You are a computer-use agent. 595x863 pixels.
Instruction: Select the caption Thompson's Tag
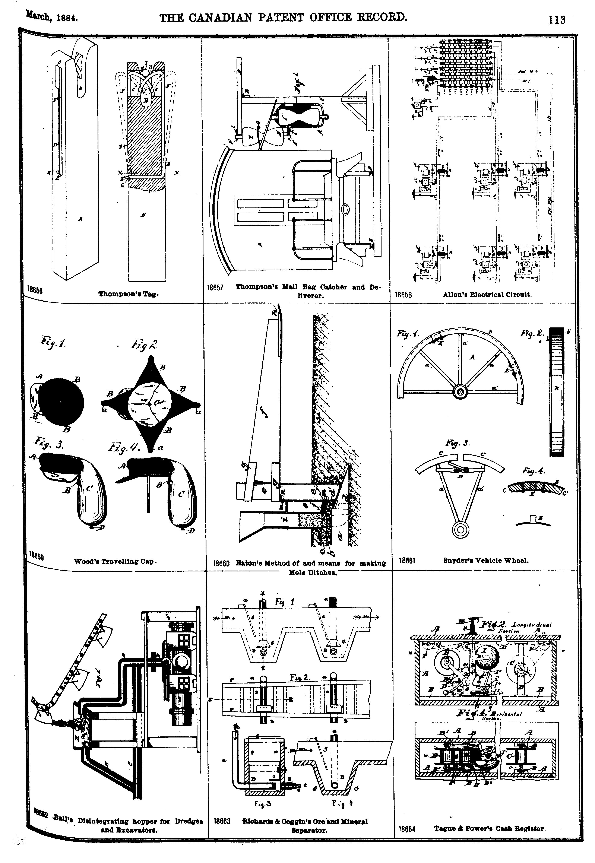click(x=129, y=294)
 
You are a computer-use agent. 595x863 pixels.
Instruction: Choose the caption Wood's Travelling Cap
click(x=115, y=561)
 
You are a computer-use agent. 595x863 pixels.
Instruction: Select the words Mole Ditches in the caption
click(x=313, y=573)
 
